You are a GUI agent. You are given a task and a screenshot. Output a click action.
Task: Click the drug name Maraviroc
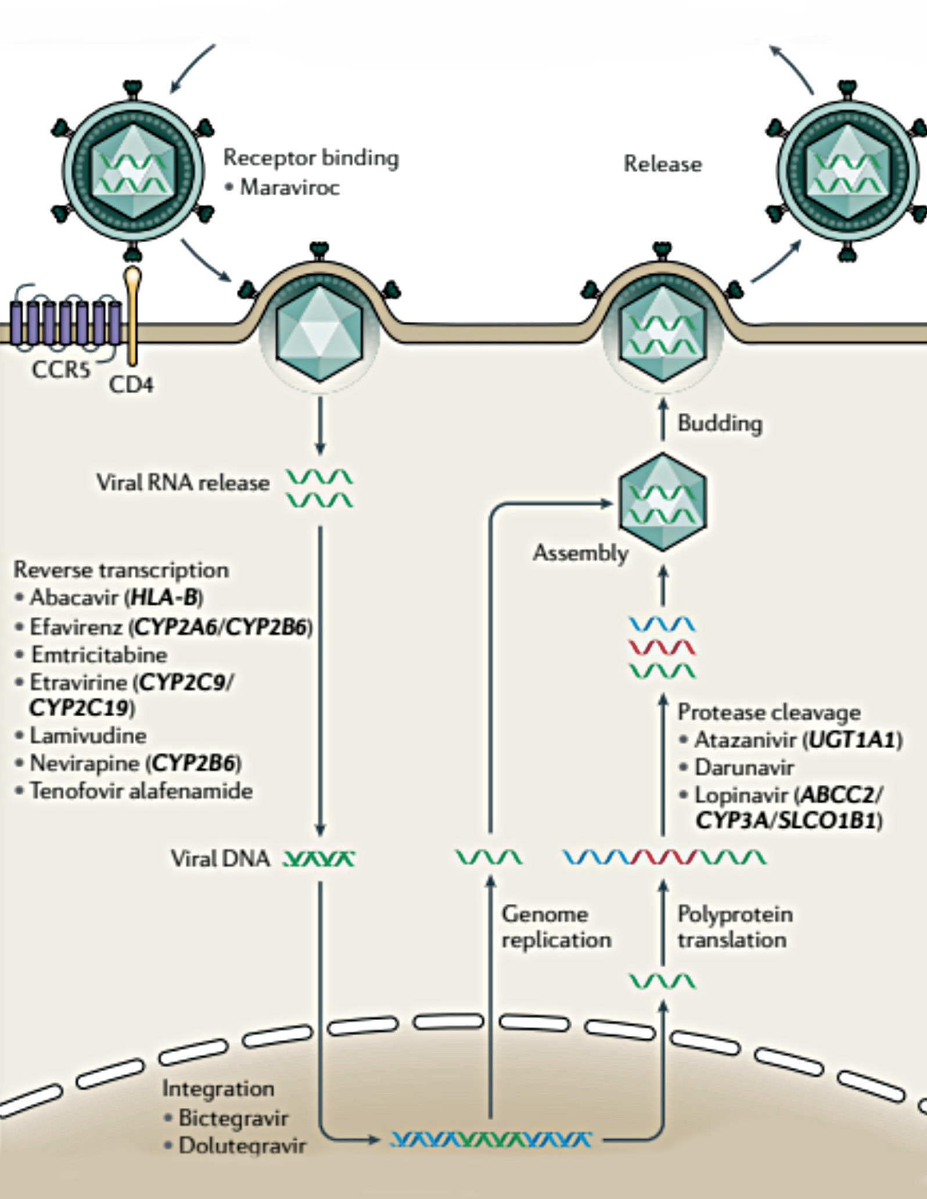coord(289,188)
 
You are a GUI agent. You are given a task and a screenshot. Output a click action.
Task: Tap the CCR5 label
coord(61,369)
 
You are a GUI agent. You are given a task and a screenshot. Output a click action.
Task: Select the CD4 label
coord(131,385)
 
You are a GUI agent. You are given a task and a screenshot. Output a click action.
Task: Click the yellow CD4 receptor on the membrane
coord(134,317)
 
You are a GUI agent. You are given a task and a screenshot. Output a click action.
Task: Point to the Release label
coord(662,164)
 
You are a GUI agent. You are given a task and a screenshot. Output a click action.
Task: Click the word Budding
coord(720,423)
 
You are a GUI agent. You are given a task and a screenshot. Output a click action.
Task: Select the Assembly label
coord(580,552)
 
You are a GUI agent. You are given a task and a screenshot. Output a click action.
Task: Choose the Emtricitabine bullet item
coord(99,655)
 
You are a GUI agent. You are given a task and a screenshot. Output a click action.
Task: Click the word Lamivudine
coord(88,735)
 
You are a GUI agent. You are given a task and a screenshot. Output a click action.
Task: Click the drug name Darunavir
coord(744,767)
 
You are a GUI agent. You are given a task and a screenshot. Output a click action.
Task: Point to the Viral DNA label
coord(220,858)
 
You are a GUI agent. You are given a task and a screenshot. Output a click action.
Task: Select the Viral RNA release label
coord(183,482)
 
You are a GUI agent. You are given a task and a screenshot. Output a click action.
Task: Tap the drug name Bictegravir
coord(233,1118)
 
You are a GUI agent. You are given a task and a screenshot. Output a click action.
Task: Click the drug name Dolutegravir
coord(242,1146)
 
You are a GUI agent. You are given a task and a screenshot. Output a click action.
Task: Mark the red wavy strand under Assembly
coord(662,647)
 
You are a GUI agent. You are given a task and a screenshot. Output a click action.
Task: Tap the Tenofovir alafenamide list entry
coord(141,791)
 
